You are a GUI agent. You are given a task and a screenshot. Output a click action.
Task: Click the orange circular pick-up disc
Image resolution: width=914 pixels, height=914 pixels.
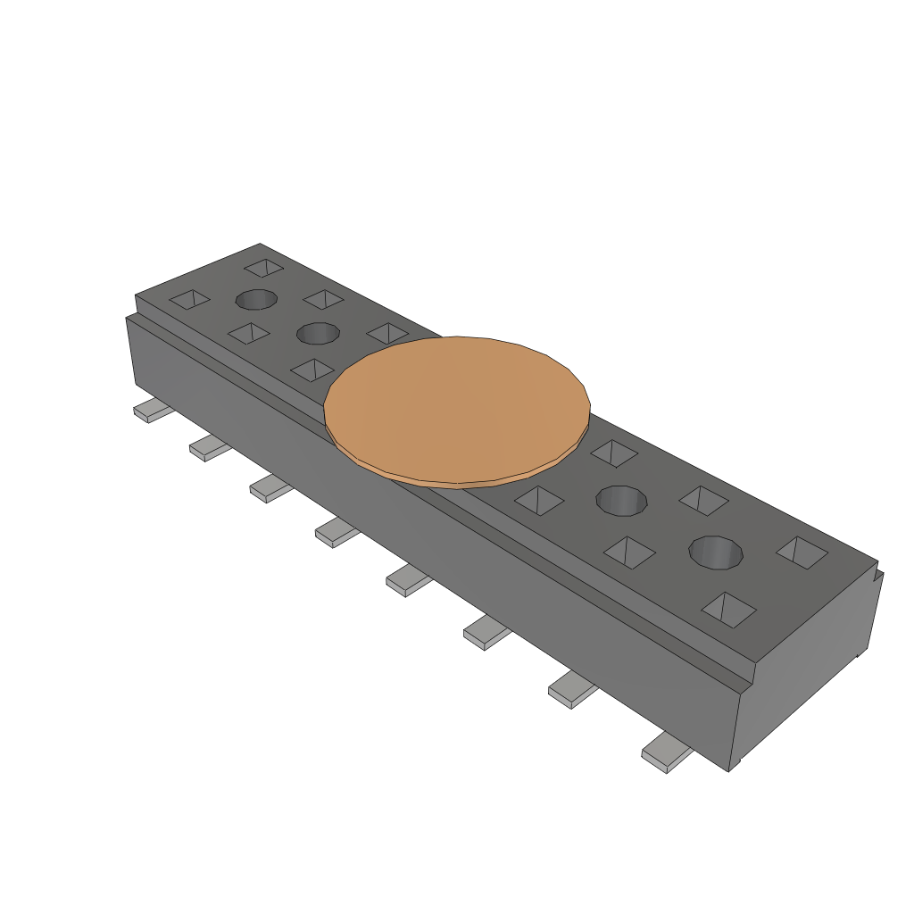tap(456, 411)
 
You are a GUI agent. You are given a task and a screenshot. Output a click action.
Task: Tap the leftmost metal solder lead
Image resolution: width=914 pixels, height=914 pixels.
tap(153, 411)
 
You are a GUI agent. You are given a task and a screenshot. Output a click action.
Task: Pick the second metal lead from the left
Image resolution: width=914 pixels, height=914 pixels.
tap(210, 448)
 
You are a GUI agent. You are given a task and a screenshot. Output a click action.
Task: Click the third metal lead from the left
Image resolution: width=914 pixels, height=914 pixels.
tap(270, 488)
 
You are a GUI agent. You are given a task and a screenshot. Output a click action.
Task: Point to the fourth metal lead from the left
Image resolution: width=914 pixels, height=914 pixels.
tap(337, 533)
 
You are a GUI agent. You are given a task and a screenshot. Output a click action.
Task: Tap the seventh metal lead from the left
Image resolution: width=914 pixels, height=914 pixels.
tap(572, 690)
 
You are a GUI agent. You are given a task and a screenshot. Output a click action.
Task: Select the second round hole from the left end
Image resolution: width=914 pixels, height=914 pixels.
tap(318, 334)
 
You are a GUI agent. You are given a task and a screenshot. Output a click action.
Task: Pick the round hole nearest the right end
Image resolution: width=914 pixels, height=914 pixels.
tap(716, 552)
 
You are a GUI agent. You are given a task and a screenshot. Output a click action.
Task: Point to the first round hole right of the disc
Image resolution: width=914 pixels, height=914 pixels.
tap(622, 500)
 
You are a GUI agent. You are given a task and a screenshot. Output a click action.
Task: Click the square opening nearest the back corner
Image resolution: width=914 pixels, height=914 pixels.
tap(264, 267)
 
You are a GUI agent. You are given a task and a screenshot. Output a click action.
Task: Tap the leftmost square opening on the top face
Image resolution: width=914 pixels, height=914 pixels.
tap(190, 299)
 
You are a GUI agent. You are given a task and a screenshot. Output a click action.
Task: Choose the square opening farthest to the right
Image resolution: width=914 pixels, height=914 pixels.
tap(802, 552)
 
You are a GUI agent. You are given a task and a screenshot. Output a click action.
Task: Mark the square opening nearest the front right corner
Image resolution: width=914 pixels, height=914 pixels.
tap(728, 609)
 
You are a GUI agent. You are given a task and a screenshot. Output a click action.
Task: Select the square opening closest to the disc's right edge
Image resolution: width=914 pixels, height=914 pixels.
tap(614, 453)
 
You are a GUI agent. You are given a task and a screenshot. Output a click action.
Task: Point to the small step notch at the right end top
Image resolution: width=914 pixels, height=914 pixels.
tap(878, 569)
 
